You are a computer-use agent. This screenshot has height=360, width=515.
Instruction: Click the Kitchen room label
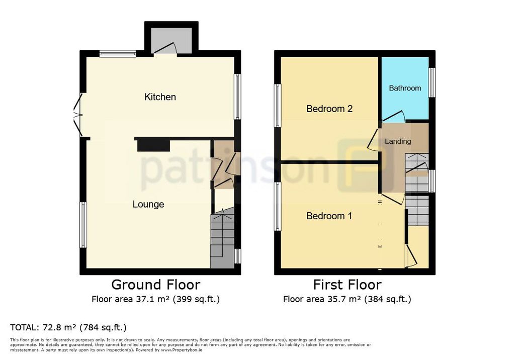(x=160, y=97)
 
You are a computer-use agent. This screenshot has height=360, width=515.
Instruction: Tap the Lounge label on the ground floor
(x=148, y=204)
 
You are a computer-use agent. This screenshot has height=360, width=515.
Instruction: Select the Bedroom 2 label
(x=329, y=109)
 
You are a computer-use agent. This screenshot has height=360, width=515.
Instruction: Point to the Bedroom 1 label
(x=329, y=216)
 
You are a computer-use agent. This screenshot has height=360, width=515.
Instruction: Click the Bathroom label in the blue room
(x=405, y=88)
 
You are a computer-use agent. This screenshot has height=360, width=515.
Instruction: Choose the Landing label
(x=398, y=141)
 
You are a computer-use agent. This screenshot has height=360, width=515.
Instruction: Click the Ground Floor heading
(x=156, y=285)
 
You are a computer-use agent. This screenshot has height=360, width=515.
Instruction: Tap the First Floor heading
(x=347, y=285)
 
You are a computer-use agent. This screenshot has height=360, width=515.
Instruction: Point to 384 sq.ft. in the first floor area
(x=388, y=299)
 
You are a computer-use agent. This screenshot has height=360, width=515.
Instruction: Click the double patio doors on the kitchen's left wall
(x=78, y=115)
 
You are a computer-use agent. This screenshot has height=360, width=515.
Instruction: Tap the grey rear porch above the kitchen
(x=171, y=40)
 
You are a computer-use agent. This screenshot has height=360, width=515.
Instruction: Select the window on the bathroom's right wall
(x=432, y=82)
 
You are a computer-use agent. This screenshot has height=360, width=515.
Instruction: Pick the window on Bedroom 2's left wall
(x=278, y=106)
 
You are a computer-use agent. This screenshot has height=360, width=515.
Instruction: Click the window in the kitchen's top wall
(x=118, y=53)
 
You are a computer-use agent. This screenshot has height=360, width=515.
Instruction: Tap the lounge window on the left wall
(x=83, y=225)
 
